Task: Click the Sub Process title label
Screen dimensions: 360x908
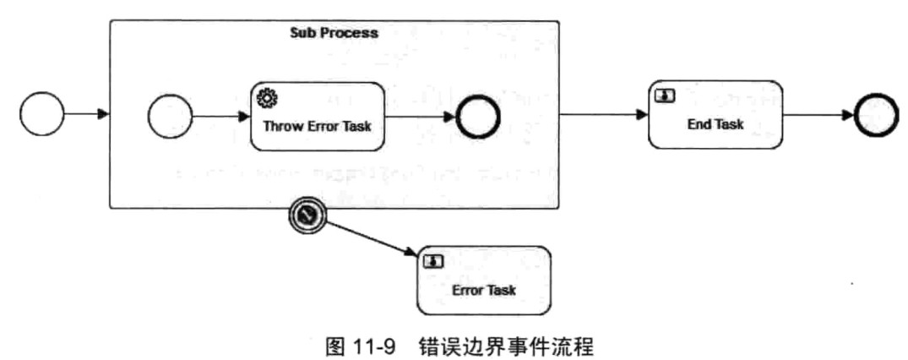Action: pyautogui.click(x=334, y=33)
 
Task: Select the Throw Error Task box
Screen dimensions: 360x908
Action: pyautogui.click(x=317, y=115)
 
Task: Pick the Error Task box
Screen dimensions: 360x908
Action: pyautogui.click(x=483, y=281)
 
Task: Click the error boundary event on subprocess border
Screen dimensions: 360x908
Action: pyautogui.click(x=308, y=216)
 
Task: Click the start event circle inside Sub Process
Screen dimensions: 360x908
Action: pyautogui.click(x=170, y=115)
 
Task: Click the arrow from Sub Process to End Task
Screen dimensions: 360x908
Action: pyautogui.click(x=603, y=114)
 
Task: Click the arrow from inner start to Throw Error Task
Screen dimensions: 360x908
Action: pyautogui.click(x=221, y=114)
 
